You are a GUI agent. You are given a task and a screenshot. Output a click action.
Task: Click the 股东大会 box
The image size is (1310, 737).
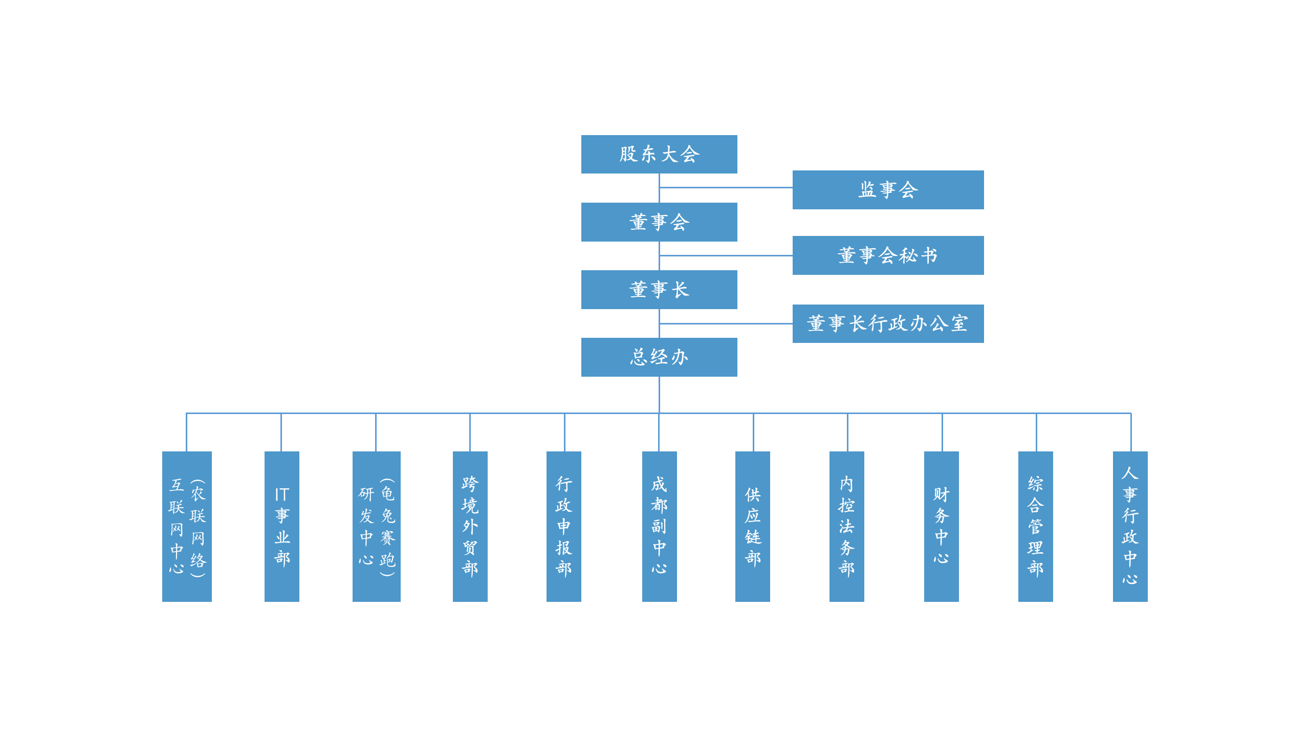[x=659, y=154]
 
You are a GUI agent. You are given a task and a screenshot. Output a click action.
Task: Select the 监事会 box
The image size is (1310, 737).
[x=888, y=190]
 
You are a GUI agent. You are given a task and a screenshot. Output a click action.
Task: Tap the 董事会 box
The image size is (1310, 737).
[x=659, y=222]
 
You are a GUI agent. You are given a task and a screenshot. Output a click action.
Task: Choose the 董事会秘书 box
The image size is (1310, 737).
[x=888, y=255]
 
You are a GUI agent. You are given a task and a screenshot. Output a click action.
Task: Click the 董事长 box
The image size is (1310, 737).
[x=659, y=290]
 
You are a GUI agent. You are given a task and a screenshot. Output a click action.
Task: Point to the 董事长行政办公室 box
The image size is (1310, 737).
[x=888, y=323]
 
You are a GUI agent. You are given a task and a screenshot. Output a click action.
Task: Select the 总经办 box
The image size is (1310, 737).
[x=659, y=357]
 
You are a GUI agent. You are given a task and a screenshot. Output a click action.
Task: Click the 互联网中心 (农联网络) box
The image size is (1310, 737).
[x=187, y=526]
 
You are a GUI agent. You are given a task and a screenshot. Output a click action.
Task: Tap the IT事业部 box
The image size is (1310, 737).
[x=282, y=526]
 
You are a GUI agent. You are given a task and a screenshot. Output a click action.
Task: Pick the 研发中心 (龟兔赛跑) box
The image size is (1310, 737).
[x=377, y=526]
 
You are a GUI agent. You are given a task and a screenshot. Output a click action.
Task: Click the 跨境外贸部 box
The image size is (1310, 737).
[x=470, y=526]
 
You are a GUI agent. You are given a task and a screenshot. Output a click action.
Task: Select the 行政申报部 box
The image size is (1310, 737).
[x=564, y=526]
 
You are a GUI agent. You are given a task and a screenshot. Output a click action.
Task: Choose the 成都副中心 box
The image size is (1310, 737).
[x=660, y=526]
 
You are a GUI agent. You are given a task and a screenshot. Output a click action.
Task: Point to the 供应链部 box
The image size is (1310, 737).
[x=753, y=526]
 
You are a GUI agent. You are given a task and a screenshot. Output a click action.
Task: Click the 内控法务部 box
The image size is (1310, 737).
[x=847, y=526]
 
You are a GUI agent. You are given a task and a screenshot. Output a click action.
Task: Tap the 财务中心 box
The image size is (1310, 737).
[x=942, y=526]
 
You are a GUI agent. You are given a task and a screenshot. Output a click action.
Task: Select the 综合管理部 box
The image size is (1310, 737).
[x=1036, y=526]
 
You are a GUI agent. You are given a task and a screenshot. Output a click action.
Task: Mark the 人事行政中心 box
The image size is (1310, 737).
[x=1130, y=526]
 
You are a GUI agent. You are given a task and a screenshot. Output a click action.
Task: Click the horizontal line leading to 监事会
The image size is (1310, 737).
[x=726, y=187]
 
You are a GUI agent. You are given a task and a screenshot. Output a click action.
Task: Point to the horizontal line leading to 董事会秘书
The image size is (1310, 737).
[x=726, y=255]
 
